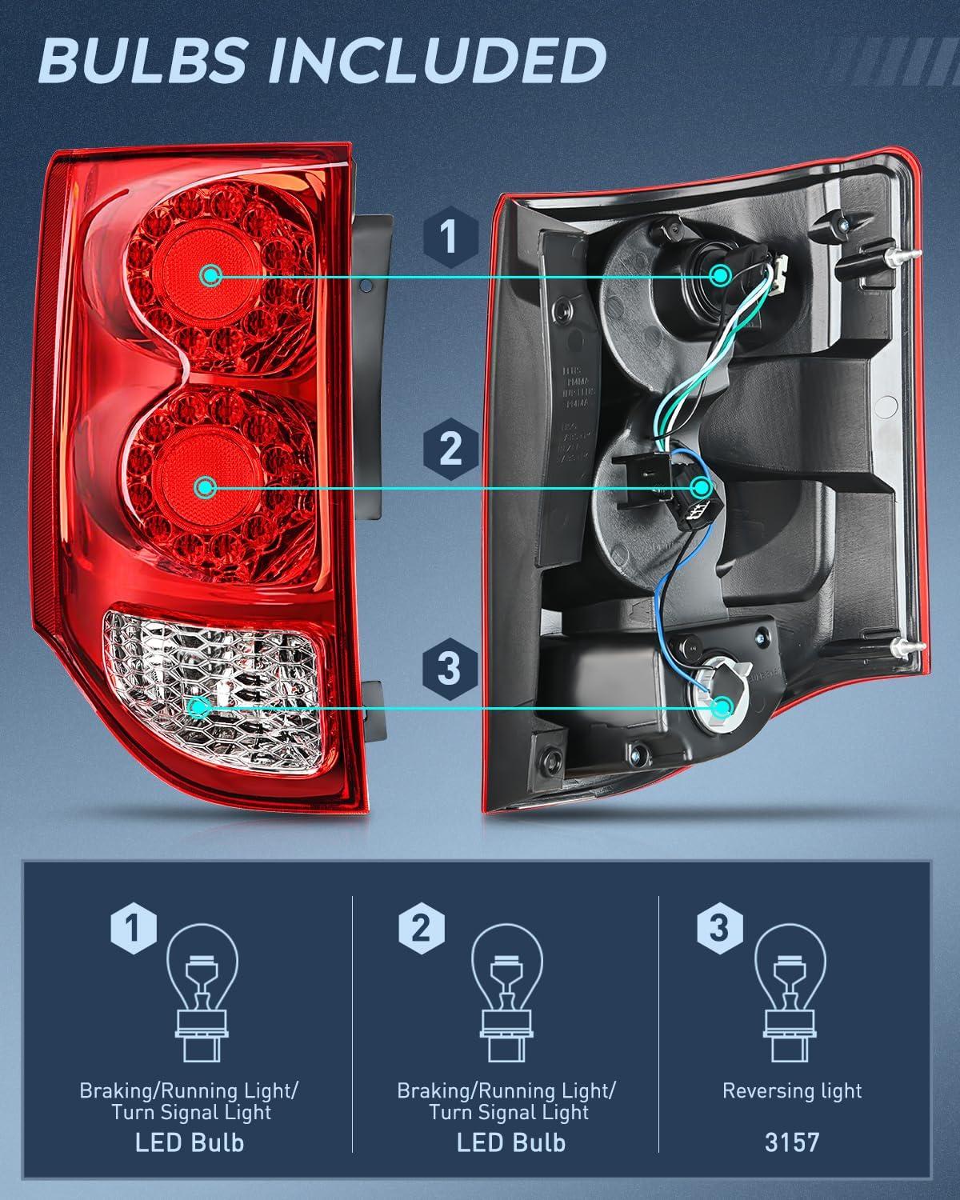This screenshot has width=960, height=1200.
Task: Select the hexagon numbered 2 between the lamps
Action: (450, 448)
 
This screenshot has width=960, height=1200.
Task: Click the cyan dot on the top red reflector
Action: (211, 276)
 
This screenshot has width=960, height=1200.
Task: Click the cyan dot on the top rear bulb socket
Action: (721, 276)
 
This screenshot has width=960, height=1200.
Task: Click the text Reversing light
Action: (792, 1091)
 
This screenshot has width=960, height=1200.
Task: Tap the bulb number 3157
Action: (792, 1142)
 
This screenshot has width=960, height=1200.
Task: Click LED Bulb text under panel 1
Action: (190, 1142)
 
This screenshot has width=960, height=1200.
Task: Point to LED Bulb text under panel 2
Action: (510, 1142)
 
